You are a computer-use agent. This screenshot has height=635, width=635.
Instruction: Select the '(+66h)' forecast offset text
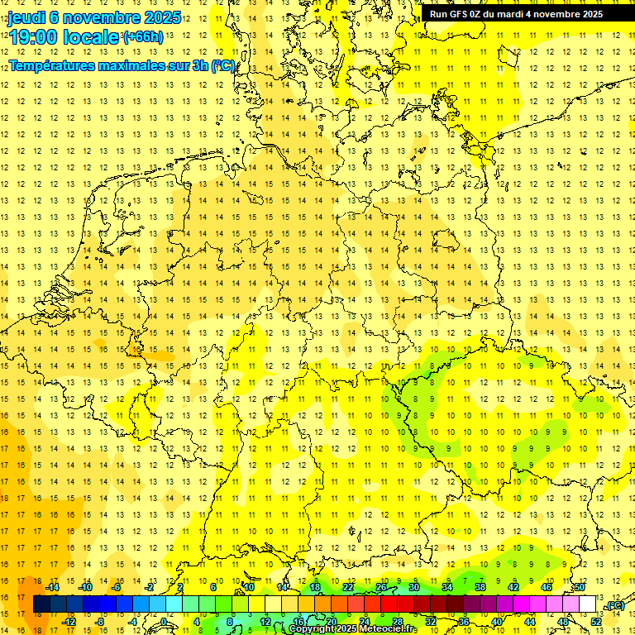point(142,37)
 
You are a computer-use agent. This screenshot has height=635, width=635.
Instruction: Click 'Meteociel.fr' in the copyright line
point(388,629)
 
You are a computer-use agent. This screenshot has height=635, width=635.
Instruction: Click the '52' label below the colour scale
point(595,622)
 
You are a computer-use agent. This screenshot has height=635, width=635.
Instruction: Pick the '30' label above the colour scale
point(414,587)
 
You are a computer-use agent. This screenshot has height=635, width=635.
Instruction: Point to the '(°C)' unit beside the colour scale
point(615,606)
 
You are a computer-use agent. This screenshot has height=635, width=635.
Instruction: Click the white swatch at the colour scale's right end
point(587,604)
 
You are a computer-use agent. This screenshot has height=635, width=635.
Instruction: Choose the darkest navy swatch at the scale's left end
point(41,604)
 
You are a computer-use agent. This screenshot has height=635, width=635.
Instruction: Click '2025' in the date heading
point(162,18)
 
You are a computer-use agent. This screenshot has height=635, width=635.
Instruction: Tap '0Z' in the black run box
point(477,13)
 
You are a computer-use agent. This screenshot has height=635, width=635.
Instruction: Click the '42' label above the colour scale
point(513,587)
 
